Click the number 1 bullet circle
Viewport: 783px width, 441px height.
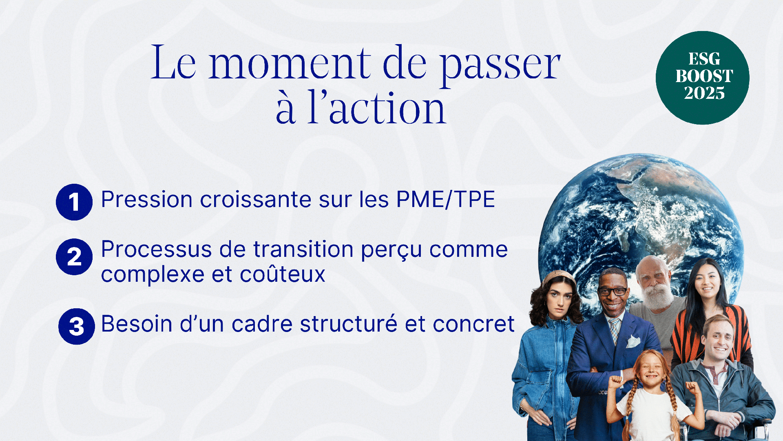click(74, 202)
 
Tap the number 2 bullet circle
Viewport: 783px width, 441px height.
click(74, 257)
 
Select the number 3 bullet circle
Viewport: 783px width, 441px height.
click(77, 326)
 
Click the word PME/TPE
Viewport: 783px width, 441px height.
click(446, 199)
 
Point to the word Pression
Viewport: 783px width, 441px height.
click(147, 199)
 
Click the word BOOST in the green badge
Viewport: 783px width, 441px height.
click(704, 76)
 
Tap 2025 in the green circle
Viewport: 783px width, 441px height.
click(704, 93)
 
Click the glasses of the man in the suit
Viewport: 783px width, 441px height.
click(612, 292)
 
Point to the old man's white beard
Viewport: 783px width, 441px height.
click(657, 296)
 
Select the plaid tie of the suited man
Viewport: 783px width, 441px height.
click(614, 329)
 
